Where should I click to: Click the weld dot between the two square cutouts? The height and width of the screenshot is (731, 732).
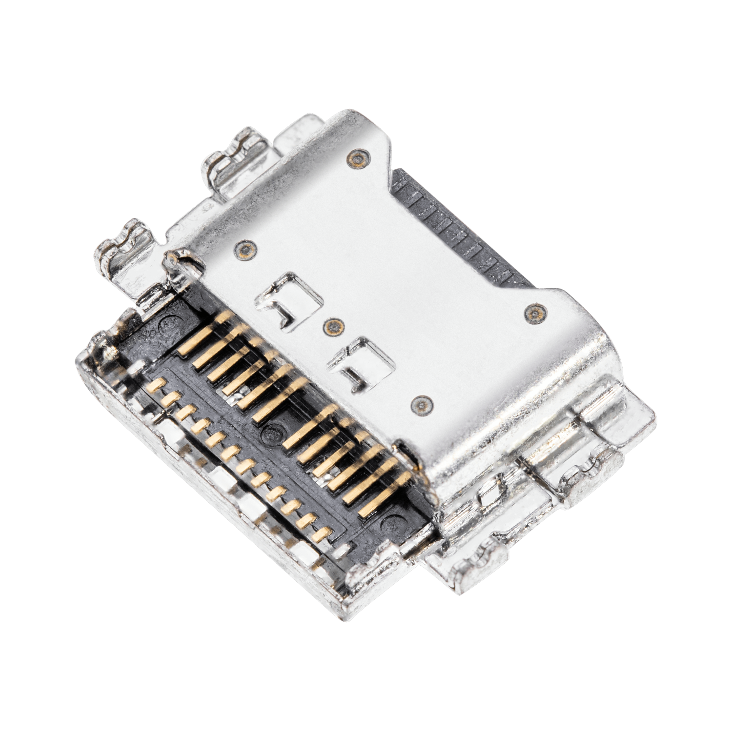pos(333,325)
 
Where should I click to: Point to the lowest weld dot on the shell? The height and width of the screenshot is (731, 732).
pos(421,404)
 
